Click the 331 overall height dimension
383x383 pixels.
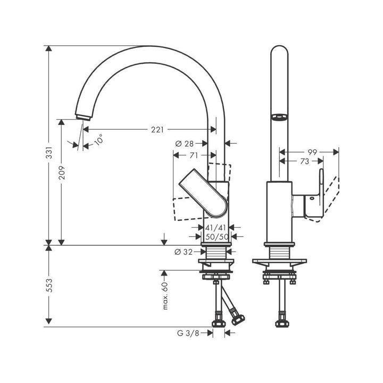[x=49, y=153]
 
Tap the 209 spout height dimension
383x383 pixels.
[x=62, y=173]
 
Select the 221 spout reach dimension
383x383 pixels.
[x=157, y=130]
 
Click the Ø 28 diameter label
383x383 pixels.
[x=185, y=144]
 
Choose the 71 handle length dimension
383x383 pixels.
[x=194, y=155]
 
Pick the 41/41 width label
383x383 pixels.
[x=215, y=228]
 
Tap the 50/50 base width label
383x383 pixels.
[x=217, y=237]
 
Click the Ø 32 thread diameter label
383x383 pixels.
[x=184, y=252]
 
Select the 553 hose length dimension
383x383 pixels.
[x=49, y=285]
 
